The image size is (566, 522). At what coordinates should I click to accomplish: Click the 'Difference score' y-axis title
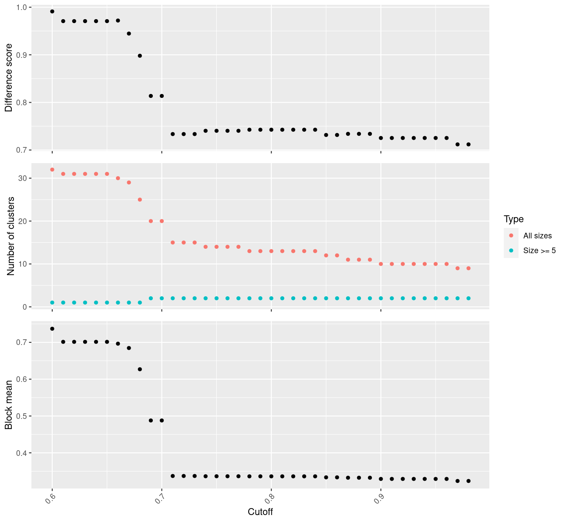(9, 78)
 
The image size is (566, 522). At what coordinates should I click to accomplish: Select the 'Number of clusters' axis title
(11, 236)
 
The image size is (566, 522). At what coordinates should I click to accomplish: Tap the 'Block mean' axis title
(9, 405)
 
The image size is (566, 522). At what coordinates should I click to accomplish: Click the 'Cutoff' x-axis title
(260, 512)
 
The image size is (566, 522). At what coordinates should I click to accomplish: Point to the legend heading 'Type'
(514, 219)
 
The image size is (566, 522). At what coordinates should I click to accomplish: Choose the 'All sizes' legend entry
(537, 236)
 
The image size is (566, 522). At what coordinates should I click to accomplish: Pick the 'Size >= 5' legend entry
(539, 251)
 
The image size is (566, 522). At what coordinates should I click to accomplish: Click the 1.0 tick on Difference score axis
(22, 7)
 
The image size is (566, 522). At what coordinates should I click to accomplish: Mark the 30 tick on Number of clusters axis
(23, 178)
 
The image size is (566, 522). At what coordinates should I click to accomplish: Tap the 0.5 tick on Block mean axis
(22, 416)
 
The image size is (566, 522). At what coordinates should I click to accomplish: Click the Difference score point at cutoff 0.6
(52, 11)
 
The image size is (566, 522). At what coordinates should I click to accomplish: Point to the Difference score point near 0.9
(140, 56)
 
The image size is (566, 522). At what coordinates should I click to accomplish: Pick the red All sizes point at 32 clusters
(52, 170)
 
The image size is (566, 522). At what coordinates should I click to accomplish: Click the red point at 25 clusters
(140, 200)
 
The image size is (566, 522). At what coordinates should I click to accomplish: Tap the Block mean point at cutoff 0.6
(52, 329)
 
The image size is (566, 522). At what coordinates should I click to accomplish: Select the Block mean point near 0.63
(140, 369)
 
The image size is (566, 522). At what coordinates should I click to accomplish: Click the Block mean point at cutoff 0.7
(162, 421)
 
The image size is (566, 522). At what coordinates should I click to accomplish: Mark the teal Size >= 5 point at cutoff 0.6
(52, 303)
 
